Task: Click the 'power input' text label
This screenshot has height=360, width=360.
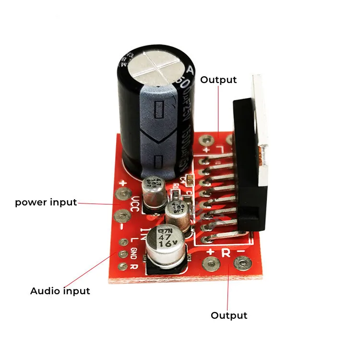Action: point(46,202)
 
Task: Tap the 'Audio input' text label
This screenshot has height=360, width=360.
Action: point(60,291)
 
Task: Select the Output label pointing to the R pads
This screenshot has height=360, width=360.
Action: point(229,315)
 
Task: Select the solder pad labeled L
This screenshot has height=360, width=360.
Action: point(123,241)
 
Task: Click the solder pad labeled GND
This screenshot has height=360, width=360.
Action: point(123,253)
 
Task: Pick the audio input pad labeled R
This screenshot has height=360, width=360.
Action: point(123,265)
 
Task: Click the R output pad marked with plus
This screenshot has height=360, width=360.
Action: point(210,264)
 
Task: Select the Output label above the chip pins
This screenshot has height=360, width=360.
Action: point(218,80)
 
